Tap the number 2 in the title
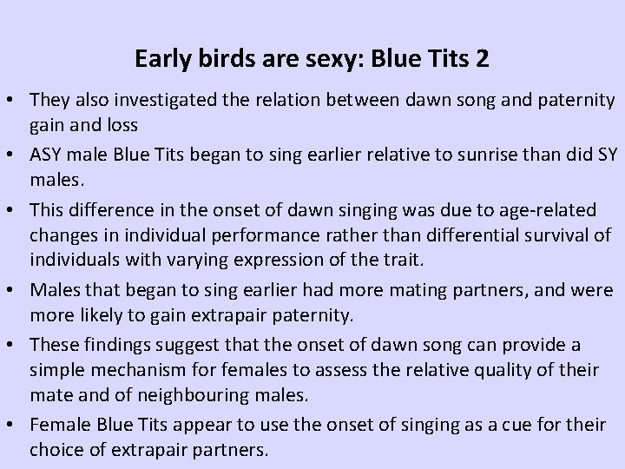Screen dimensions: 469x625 coord(482,60)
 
